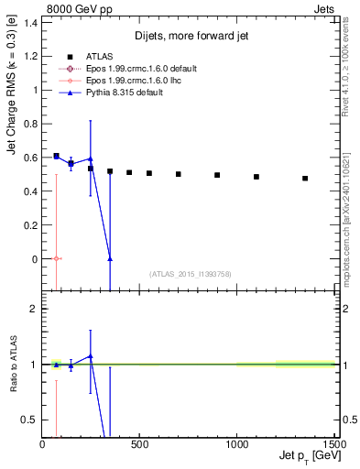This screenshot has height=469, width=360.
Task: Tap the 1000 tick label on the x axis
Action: click(x=237, y=445)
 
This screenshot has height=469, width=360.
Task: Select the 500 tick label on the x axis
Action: click(x=140, y=445)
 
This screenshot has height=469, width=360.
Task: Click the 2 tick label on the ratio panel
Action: click(x=33, y=310)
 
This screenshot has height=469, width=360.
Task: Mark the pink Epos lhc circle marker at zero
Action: click(x=57, y=258)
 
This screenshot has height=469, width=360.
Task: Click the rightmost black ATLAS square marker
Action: click(x=305, y=179)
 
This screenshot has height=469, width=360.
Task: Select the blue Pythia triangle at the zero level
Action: click(x=110, y=258)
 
